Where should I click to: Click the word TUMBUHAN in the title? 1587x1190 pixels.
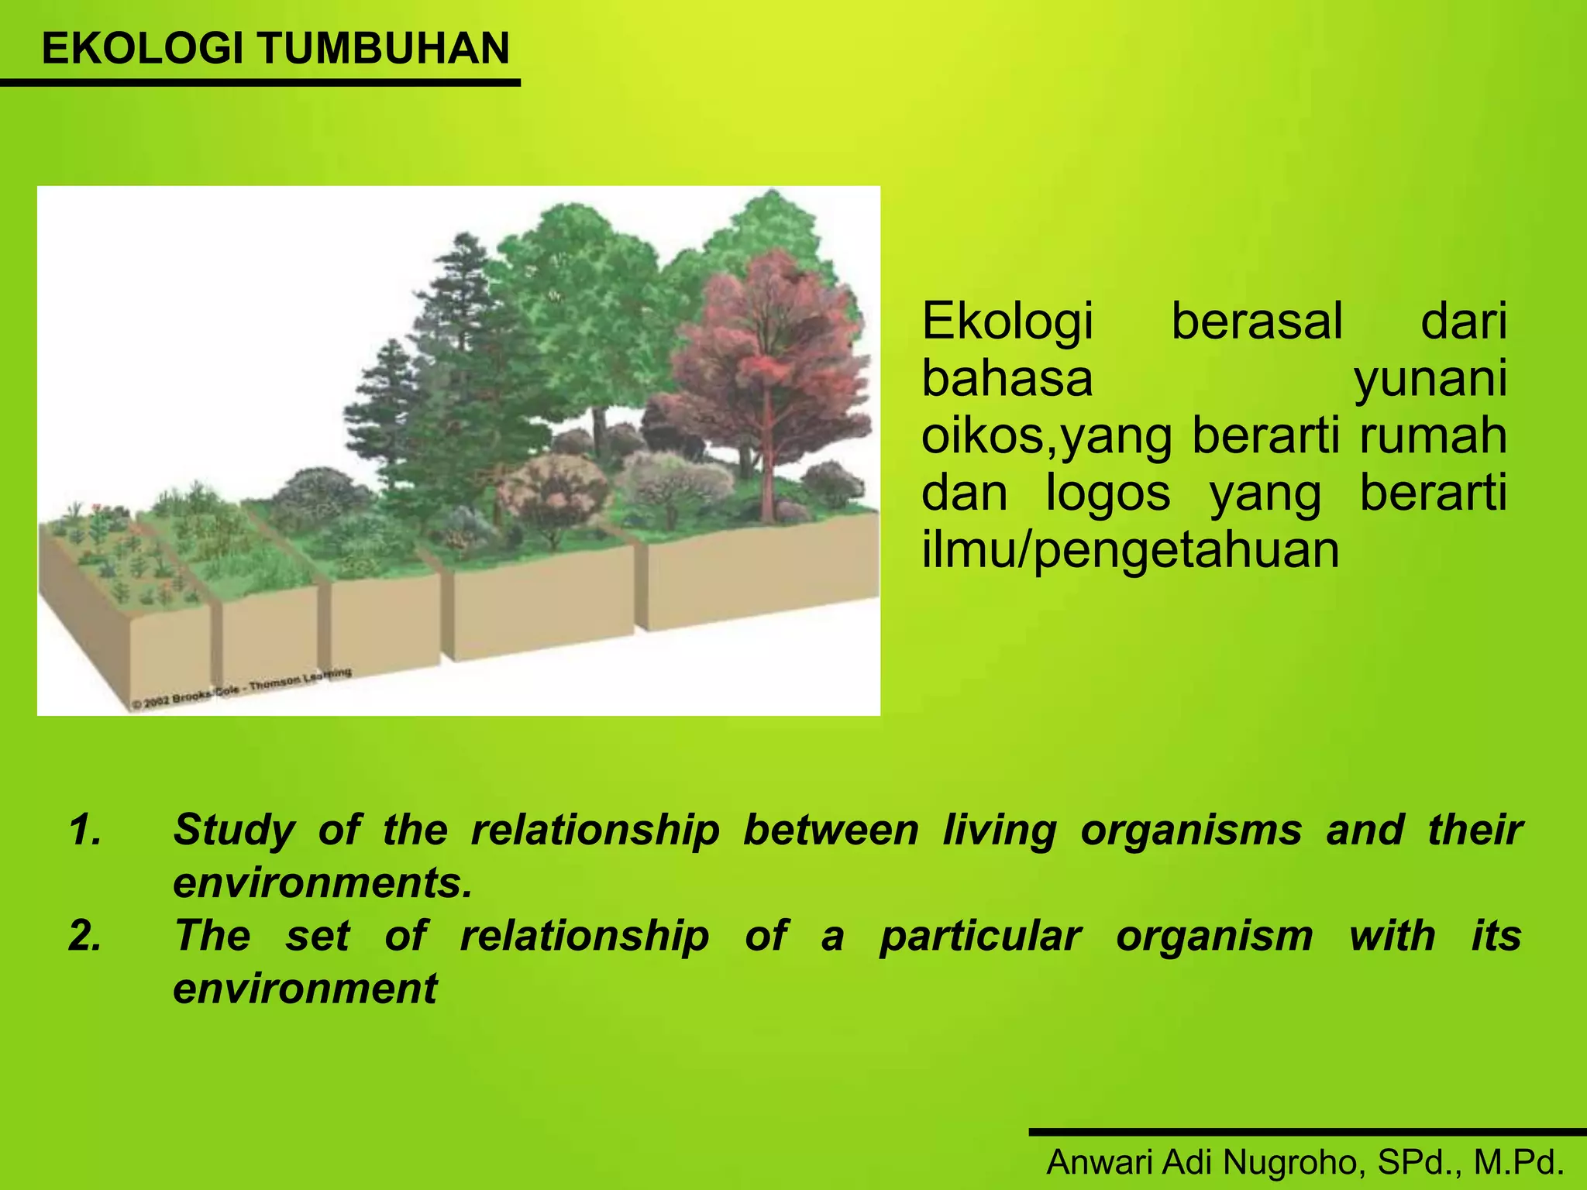pyautogui.click(x=384, y=48)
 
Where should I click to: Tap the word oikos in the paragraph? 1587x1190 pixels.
pyautogui.click(x=982, y=435)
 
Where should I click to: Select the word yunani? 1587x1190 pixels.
pyautogui.click(x=1430, y=380)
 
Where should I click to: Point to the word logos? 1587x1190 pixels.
pyautogui.click(x=1107, y=494)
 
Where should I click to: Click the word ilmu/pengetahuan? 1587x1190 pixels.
pyautogui.click(x=1130, y=550)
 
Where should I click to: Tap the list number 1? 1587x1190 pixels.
pyautogui.click(x=85, y=830)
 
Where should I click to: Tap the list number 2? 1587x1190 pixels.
pyautogui.click(x=85, y=935)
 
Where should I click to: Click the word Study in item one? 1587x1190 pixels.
pyautogui.click(x=234, y=830)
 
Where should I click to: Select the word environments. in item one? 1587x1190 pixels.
pyautogui.click(x=322, y=882)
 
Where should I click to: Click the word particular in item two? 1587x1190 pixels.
pyautogui.click(x=979, y=935)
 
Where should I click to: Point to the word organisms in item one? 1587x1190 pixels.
pyautogui.click(x=1191, y=830)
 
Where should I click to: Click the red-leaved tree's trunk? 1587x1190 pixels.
pyautogui.click(x=767, y=465)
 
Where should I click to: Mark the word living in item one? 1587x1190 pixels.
pyautogui.click(x=999, y=830)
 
